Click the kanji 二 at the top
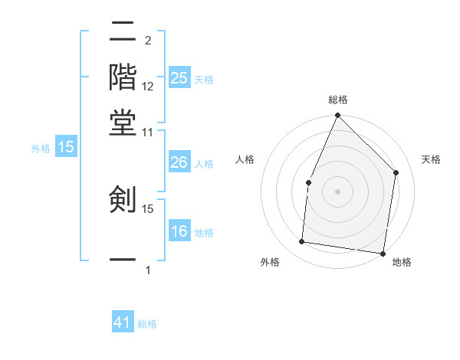(x=123, y=32)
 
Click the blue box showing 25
(x=179, y=78)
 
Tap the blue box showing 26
(x=179, y=162)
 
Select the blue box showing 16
(x=179, y=231)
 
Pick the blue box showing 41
(x=123, y=322)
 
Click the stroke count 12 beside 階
(x=148, y=87)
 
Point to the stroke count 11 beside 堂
(x=147, y=131)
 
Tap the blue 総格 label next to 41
(x=147, y=324)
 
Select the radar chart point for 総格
(x=337, y=116)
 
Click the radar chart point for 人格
(x=308, y=182)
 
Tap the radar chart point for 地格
(x=382, y=253)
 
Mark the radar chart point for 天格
(x=396, y=172)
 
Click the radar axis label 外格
(x=271, y=263)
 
